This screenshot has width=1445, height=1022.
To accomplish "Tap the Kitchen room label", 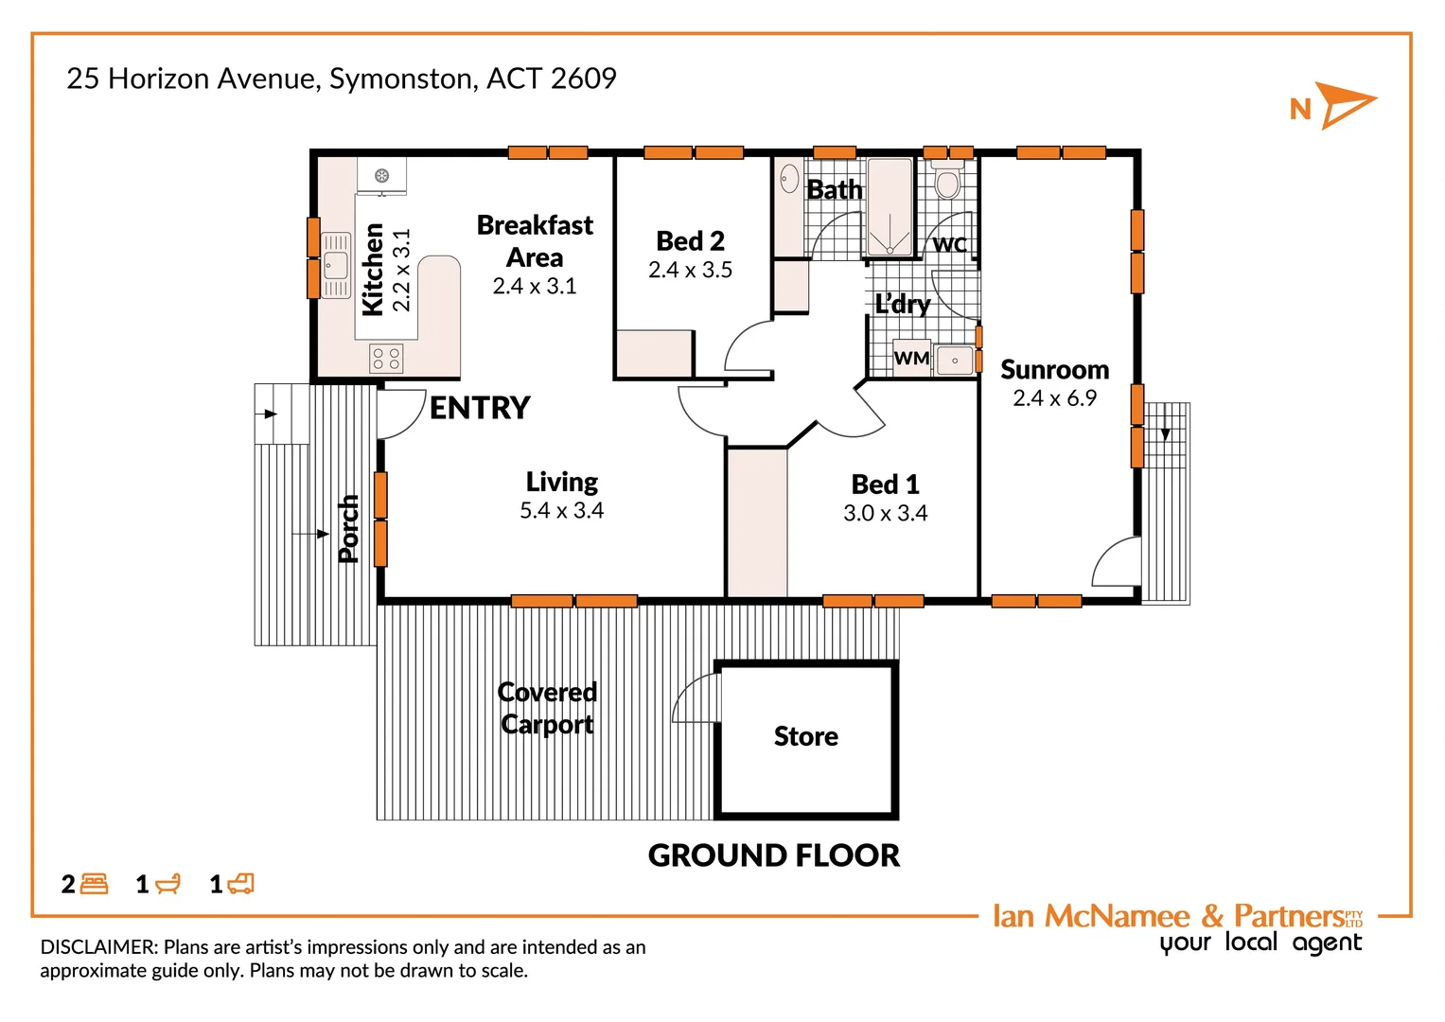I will pyautogui.click(x=373, y=270).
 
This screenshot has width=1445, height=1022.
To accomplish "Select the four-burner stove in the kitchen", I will pyautogui.click(x=386, y=359).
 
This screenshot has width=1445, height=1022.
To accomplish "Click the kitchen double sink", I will pyautogui.click(x=336, y=265).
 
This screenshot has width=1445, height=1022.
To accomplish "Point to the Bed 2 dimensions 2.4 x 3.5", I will pyautogui.click(x=690, y=271).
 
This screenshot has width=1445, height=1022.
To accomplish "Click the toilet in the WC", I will pyautogui.click(x=947, y=182).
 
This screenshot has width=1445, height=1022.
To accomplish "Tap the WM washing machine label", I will pyautogui.click(x=911, y=359).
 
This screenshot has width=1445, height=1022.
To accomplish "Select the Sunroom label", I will pyautogui.click(x=1054, y=370).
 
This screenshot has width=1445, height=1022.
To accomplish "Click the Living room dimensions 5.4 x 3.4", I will pyautogui.click(x=561, y=511).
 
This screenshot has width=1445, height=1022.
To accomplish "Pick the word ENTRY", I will pyautogui.click(x=480, y=408).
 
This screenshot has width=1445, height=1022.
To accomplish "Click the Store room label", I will pyautogui.click(x=805, y=736).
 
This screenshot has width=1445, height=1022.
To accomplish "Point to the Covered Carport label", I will pyautogui.click(x=547, y=708).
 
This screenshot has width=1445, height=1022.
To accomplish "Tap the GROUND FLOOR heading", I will pyautogui.click(x=773, y=855).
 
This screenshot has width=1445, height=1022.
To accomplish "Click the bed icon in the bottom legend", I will pyautogui.click(x=95, y=884).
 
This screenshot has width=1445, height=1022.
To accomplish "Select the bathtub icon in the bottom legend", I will pyautogui.click(x=167, y=884).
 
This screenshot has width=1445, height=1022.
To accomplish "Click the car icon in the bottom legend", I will pyautogui.click(x=241, y=884).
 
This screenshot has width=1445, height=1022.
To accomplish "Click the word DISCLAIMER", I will pyautogui.click(x=98, y=947).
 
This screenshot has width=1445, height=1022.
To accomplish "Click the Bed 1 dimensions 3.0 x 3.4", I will pyautogui.click(x=885, y=514).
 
